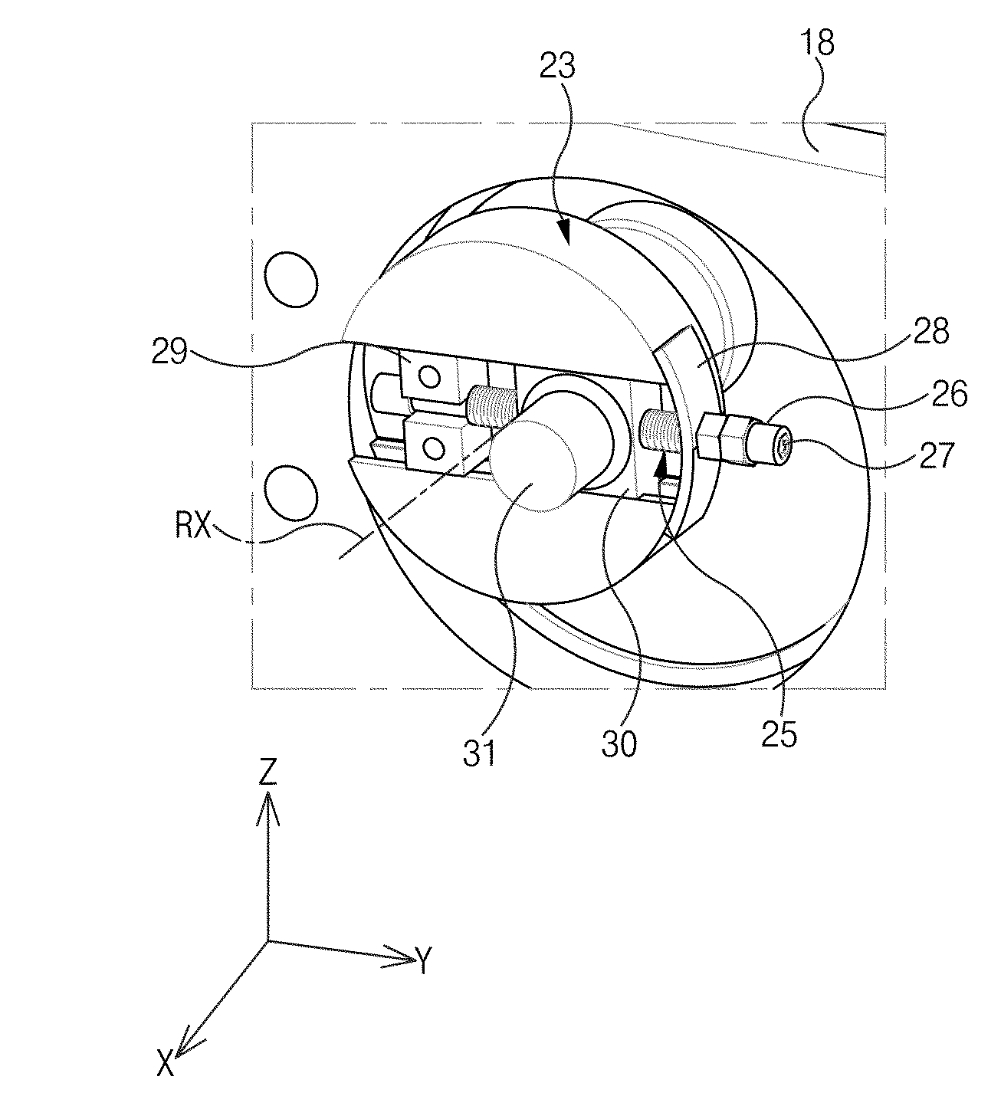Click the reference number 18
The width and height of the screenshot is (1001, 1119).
[816, 44]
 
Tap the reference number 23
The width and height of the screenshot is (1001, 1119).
[558, 66]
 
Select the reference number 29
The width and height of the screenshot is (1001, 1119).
[169, 352]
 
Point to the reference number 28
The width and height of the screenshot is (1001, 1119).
[930, 332]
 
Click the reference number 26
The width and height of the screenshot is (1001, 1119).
[950, 395]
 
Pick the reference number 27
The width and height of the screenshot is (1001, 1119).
[937, 456]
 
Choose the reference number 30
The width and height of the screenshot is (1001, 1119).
[619, 745]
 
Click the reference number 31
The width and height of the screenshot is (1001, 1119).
[479, 753]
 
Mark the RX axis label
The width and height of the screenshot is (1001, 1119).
[193, 526]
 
